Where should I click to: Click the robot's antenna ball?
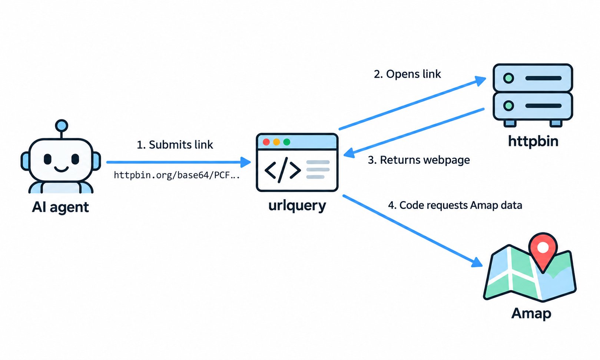[62, 126]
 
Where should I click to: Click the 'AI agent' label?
[60, 207]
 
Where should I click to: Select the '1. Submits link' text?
[175, 145]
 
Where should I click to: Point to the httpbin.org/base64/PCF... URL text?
[177, 175]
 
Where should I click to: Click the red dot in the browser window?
[266, 142]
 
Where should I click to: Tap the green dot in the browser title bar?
[286, 142]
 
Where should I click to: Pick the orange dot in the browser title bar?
[276, 142]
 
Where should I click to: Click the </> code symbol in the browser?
[283, 170]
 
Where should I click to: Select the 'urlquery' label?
[297, 206]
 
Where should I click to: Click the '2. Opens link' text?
[407, 74]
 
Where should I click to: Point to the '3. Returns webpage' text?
[419, 160]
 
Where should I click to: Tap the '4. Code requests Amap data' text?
[455, 205]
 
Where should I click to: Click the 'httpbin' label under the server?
[533, 141]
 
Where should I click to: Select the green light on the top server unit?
[508, 78]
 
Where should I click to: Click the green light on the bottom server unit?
[508, 106]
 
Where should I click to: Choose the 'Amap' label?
[531, 313]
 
